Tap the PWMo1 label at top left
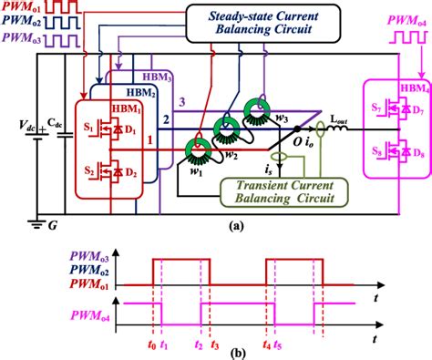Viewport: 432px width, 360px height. click(x=20, y=10)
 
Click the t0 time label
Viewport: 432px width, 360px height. click(x=150, y=347)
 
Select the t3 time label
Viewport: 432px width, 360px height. click(x=215, y=347)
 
